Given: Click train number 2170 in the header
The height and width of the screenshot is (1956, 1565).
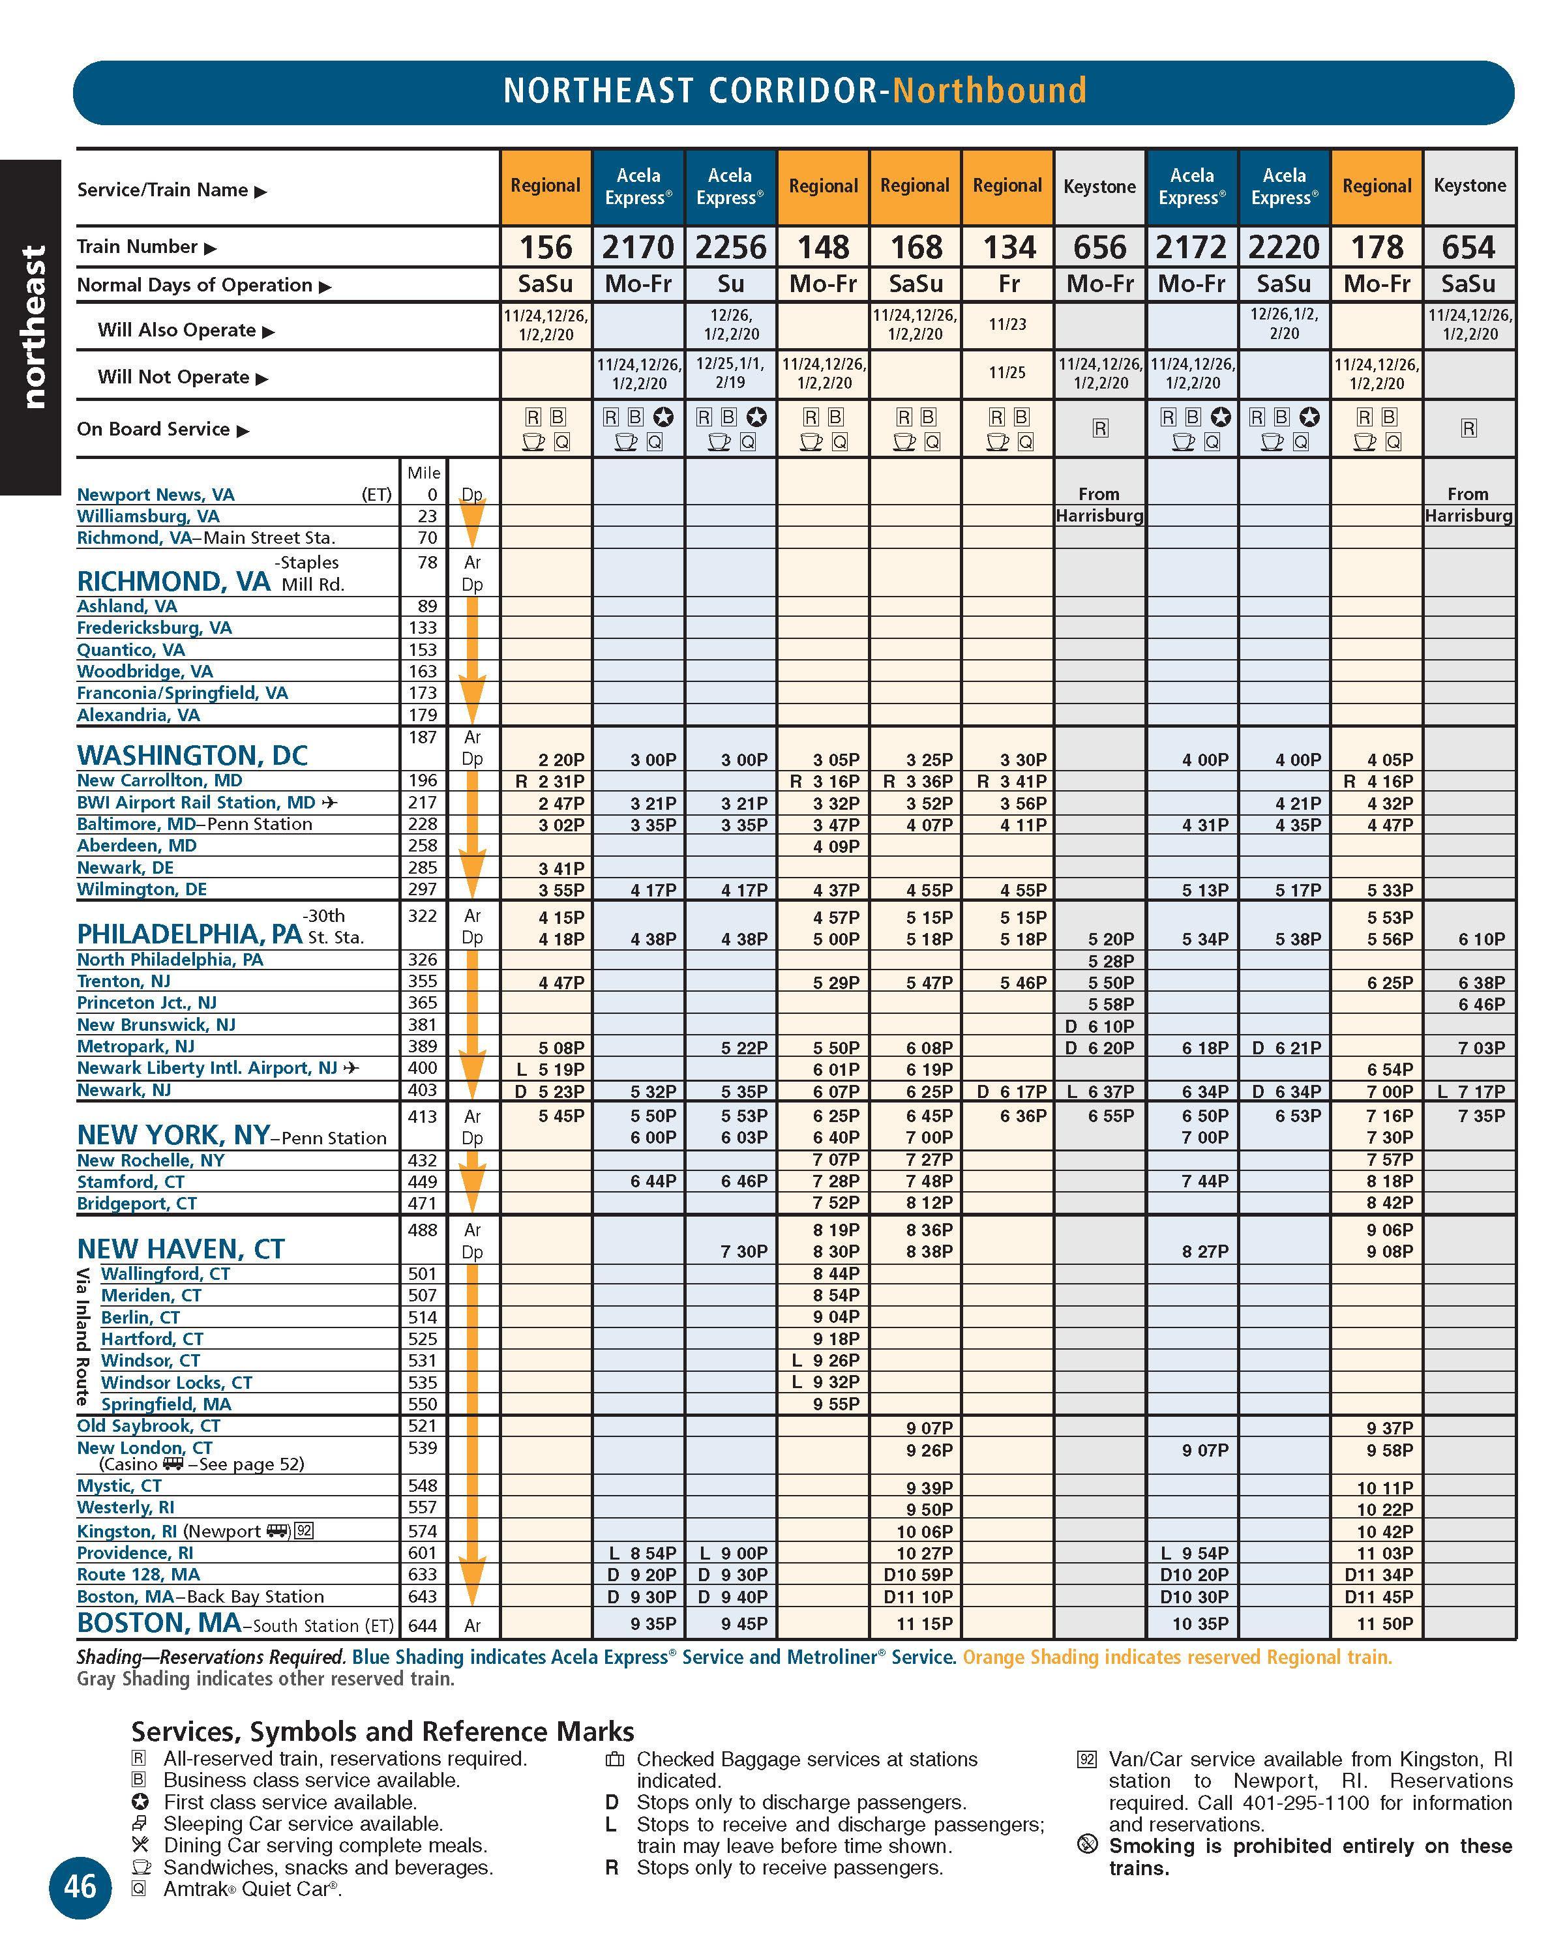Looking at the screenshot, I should click(x=638, y=246).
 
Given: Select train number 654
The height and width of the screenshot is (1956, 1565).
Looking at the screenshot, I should click(x=1468, y=246).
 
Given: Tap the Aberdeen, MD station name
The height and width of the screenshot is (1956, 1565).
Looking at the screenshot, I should click(x=137, y=846).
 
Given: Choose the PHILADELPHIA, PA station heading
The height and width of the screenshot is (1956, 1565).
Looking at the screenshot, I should click(x=190, y=934).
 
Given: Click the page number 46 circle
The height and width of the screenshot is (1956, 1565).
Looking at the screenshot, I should click(x=80, y=1887).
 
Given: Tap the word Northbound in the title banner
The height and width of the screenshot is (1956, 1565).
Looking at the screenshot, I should click(x=989, y=91).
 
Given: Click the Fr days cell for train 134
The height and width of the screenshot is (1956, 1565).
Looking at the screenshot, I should click(x=1008, y=284).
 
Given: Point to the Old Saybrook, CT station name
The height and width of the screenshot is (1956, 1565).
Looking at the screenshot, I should click(x=149, y=1426).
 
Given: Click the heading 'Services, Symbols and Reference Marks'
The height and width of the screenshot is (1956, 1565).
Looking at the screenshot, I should click(x=382, y=1731).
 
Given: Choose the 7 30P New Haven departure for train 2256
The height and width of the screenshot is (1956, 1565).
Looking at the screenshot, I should click(x=744, y=1252).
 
